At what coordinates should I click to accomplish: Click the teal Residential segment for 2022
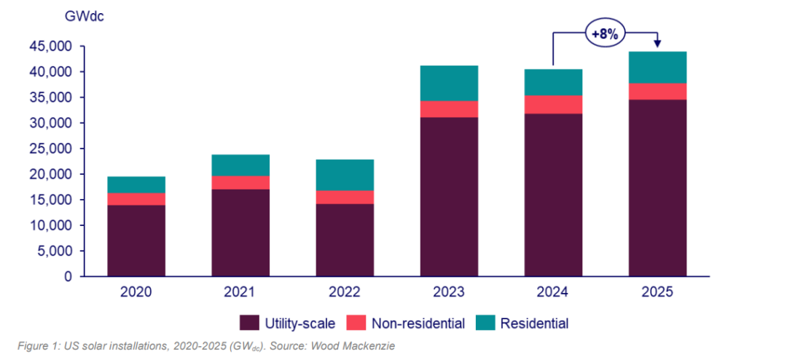pyautogui.click(x=345, y=175)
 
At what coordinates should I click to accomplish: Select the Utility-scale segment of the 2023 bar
pyautogui.click(x=450, y=197)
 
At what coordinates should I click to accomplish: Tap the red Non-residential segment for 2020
pyautogui.click(x=137, y=199)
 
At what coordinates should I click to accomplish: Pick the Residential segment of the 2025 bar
pyautogui.click(x=658, y=68)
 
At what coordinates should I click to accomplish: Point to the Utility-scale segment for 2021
pyautogui.click(x=241, y=233)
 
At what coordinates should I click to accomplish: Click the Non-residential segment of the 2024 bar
pyautogui.click(x=554, y=105)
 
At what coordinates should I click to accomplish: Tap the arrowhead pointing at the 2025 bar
pyautogui.click(x=657, y=45)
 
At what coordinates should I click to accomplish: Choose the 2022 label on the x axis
pyautogui.click(x=345, y=293)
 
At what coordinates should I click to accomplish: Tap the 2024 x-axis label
pyautogui.click(x=554, y=293)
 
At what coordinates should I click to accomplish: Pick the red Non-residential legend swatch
pyautogui.click(x=356, y=323)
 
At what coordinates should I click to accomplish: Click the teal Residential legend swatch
pyautogui.click(x=485, y=323)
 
